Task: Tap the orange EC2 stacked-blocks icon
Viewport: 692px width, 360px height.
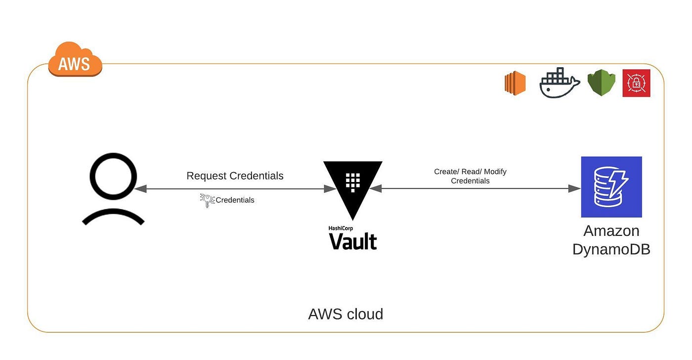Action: click(515, 83)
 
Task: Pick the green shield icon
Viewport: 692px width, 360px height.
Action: click(601, 83)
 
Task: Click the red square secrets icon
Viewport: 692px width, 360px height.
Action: click(636, 83)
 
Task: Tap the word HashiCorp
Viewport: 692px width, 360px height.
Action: click(341, 228)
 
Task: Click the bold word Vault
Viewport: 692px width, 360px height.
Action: click(352, 241)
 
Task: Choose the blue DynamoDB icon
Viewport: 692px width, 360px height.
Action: click(611, 187)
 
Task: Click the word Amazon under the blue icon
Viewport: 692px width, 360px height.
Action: click(611, 231)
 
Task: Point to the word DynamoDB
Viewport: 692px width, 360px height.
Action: click(611, 249)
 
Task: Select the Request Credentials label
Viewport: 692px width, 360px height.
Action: click(235, 176)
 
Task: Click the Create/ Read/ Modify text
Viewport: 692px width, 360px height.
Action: click(470, 172)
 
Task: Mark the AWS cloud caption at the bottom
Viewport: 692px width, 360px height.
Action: click(346, 314)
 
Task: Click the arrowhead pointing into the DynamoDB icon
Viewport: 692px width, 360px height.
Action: click(575, 188)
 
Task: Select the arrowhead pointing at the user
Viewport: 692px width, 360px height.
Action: click(140, 188)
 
